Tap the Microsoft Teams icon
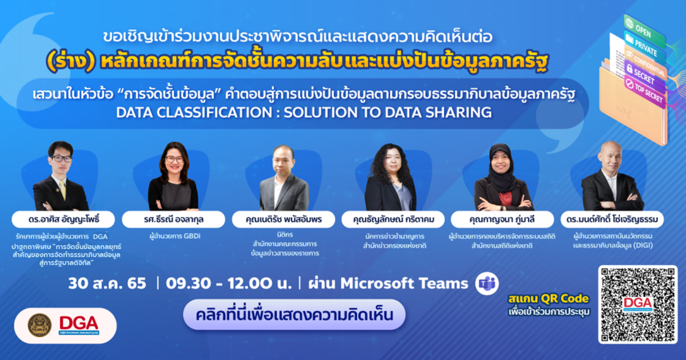pyautogui.click(x=488, y=283)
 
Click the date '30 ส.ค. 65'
pyautogui.click(x=107, y=283)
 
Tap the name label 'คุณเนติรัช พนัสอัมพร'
pyautogui.click(x=284, y=219)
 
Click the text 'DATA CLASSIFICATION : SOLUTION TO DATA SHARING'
pyautogui.click(x=304, y=112)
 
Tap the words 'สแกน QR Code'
pyautogui.click(x=547, y=299)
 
